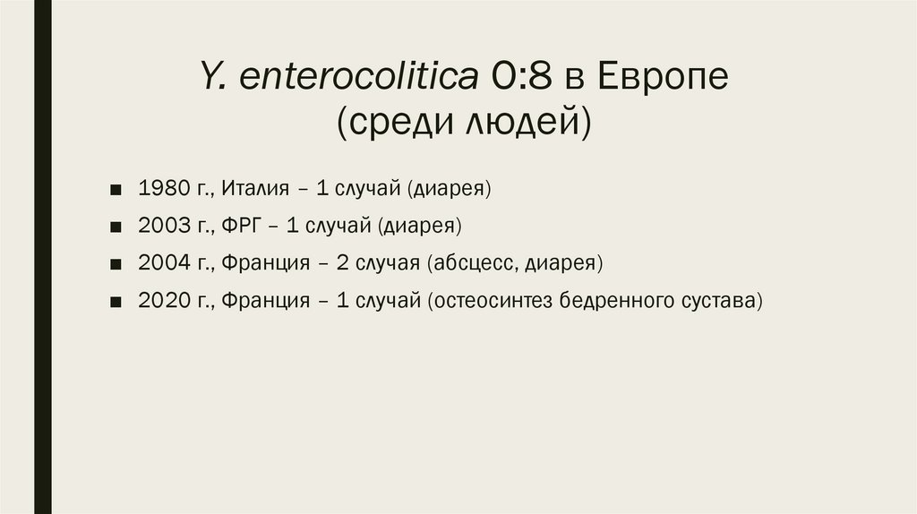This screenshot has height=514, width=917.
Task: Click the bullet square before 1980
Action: point(117,190)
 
